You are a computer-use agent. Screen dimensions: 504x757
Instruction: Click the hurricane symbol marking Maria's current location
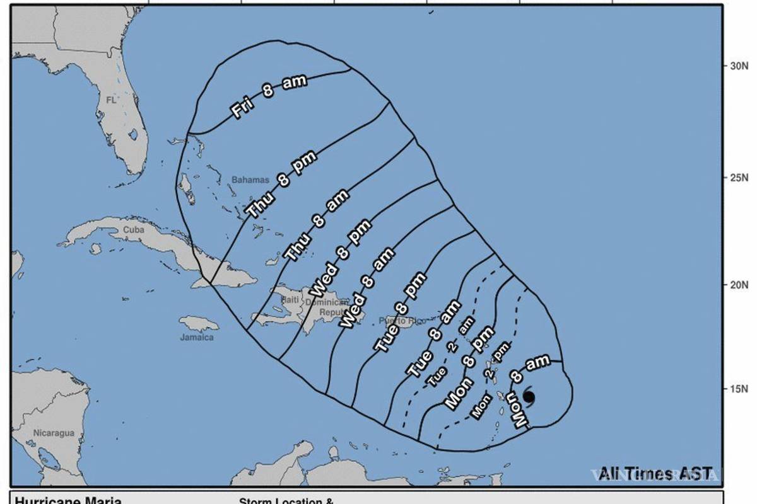[529, 396]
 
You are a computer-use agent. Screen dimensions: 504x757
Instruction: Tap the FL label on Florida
[112, 100]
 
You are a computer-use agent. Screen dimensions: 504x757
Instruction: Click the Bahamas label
[250, 180]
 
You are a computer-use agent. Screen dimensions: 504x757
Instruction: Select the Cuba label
[133, 230]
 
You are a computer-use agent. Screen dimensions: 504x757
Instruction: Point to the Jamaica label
[197, 337]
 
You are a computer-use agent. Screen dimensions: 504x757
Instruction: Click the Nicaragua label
[54, 433]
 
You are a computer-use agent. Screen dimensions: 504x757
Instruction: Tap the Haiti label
[290, 300]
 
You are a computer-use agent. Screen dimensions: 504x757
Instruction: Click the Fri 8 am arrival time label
[268, 96]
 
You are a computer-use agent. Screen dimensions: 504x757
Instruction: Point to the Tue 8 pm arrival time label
[399, 312]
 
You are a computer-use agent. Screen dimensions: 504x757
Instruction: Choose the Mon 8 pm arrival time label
[469, 368]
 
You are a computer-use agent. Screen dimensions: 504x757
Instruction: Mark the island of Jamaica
[198, 324]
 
